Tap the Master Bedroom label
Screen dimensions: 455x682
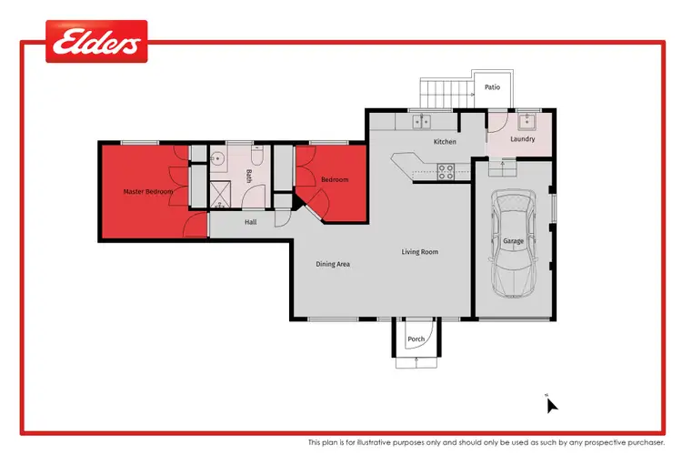pos(148,192)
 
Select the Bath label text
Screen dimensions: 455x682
pos(249,177)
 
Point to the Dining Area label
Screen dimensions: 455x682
pos(333,264)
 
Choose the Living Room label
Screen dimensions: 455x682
pos(420,251)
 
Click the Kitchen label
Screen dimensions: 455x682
pos(444,142)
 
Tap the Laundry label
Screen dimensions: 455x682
pos(523,139)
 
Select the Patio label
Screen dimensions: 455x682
pos(492,87)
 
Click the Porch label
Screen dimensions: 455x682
pos(416,339)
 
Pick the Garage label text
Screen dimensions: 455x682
pos(513,240)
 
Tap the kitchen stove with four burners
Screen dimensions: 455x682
pos(447,170)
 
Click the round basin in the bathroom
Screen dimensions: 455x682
pos(216,158)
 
